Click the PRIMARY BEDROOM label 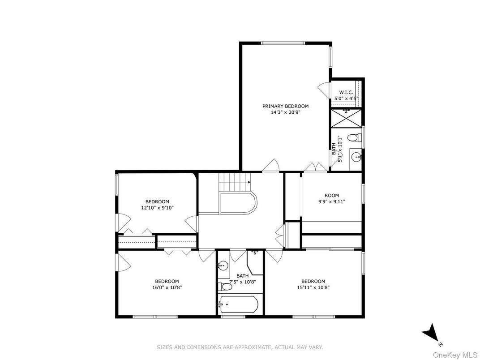(285, 106)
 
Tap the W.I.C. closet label (346, 92)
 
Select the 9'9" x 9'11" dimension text (332, 201)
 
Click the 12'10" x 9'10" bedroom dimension (157, 208)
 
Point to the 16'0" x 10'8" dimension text (167, 287)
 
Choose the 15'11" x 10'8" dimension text (313, 287)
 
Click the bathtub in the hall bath (238, 306)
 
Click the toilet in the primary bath (354, 137)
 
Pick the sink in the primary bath (356, 157)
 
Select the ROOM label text (332, 195)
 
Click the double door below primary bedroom (316, 168)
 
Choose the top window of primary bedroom (283, 43)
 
